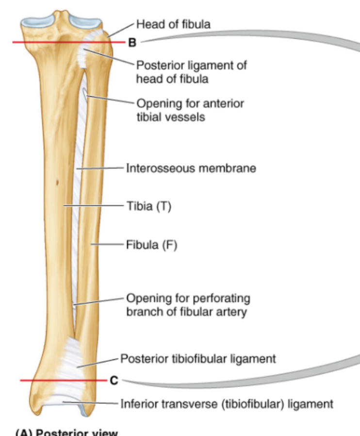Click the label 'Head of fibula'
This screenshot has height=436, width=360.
point(173,24)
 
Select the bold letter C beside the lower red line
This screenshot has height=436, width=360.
point(114,381)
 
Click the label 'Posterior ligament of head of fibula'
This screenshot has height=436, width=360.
point(191,71)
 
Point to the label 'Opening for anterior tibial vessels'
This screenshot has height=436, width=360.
point(190,110)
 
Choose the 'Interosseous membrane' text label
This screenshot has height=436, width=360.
point(191,168)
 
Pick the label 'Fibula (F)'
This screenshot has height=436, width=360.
point(152,245)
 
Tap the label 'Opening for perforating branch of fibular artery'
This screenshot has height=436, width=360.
point(188,304)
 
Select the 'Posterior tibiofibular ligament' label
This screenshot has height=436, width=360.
point(198,359)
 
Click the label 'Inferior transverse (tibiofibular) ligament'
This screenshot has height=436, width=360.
point(227,403)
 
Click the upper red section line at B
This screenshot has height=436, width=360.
point(49,43)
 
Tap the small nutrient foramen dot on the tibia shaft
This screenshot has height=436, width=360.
point(58,183)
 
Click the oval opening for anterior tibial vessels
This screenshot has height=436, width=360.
point(85,94)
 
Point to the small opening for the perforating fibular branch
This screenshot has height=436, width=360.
point(73,306)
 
